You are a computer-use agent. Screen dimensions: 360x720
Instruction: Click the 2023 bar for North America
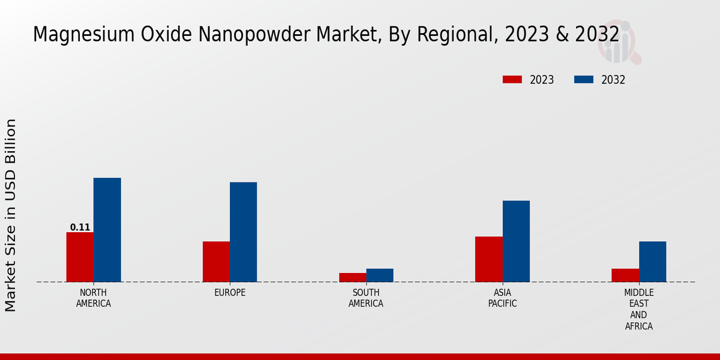tap(80, 257)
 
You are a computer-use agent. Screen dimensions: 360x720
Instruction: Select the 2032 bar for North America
tap(107, 230)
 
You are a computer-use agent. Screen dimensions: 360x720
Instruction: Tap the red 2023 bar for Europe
tap(216, 262)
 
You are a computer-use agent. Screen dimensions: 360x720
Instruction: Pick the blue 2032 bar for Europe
tap(243, 232)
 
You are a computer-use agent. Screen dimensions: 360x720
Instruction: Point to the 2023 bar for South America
tap(352, 277)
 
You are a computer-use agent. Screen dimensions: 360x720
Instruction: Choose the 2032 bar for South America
tap(380, 275)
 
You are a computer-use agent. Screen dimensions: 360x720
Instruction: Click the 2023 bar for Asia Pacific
tap(488, 259)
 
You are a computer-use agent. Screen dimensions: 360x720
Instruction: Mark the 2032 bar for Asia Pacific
tap(516, 241)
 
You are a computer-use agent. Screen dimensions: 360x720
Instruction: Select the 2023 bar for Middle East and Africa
tap(625, 275)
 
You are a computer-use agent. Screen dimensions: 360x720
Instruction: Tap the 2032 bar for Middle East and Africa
tap(652, 262)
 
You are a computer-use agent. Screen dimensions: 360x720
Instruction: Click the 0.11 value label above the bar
tap(80, 227)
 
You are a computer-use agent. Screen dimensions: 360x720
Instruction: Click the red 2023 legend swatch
tap(512, 80)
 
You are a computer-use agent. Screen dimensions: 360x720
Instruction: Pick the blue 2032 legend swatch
tap(584, 80)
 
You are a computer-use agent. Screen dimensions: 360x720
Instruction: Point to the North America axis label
tap(94, 298)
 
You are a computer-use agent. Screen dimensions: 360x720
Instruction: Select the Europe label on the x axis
tap(230, 293)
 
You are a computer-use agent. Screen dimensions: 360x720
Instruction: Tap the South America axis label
tap(366, 298)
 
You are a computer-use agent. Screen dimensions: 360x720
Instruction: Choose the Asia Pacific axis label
tap(502, 298)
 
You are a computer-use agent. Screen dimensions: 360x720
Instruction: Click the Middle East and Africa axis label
tap(638, 310)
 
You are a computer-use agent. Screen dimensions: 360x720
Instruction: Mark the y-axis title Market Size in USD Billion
tap(11, 215)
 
